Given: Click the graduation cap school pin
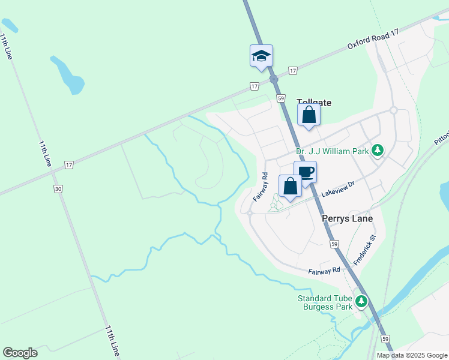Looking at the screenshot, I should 261,55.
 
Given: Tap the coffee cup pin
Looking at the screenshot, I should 305,172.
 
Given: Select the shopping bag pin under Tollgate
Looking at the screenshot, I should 309,115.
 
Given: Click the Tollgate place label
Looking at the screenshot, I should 314,103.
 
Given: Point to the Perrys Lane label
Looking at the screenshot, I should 347,218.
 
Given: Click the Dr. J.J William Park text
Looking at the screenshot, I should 332,152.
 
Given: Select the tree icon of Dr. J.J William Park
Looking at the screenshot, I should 378,150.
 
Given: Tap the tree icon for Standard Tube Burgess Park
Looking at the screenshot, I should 361,301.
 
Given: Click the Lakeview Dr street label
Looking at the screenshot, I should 339,191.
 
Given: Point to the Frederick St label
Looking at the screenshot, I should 364,250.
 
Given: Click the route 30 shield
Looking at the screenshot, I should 58,188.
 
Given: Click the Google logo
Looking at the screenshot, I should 20,353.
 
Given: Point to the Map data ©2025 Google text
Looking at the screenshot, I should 412,355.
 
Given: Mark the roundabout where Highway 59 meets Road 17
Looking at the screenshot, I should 274,79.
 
